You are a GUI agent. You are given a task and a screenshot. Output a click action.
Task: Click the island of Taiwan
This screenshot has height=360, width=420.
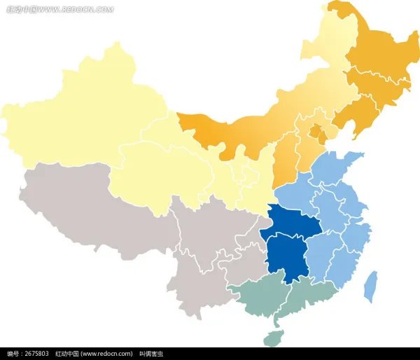coord(370,286)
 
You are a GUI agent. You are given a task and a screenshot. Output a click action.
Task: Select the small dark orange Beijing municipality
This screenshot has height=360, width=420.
coord(317,131)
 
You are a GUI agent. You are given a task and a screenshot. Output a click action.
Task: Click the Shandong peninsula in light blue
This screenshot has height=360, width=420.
coord(336,172)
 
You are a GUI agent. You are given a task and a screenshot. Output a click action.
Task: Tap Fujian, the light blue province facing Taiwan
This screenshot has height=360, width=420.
coord(343,266)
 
